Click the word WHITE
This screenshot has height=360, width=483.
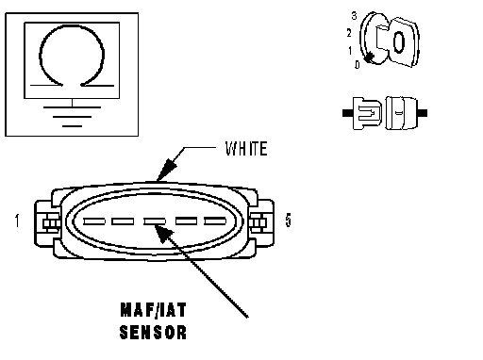[x=246, y=149]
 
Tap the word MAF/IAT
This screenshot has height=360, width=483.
[x=153, y=310]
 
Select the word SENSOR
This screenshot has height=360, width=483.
[x=153, y=332]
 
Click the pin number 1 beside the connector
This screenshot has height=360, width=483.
[x=17, y=221]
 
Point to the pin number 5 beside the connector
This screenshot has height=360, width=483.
[x=288, y=220]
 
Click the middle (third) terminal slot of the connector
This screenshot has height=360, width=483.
[x=155, y=221]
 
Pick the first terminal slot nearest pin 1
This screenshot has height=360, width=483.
[x=94, y=221]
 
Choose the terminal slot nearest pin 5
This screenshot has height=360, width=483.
[x=215, y=221]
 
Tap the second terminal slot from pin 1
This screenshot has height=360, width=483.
[x=123, y=221]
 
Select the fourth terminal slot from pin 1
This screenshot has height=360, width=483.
[x=186, y=221]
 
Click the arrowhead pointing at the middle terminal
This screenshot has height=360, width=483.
[x=163, y=234]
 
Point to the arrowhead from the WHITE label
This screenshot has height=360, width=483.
[x=166, y=170]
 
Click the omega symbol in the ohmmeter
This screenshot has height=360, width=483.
[x=72, y=56]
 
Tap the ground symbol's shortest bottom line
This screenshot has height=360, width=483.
[x=72, y=126]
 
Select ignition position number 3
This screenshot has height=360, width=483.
[x=355, y=16]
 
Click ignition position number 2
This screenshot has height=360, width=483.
[x=349, y=33]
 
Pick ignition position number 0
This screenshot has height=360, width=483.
[x=358, y=65]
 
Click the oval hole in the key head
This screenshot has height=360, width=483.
[x=398, y=41]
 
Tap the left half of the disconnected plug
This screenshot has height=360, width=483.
[x=367, y=113]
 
